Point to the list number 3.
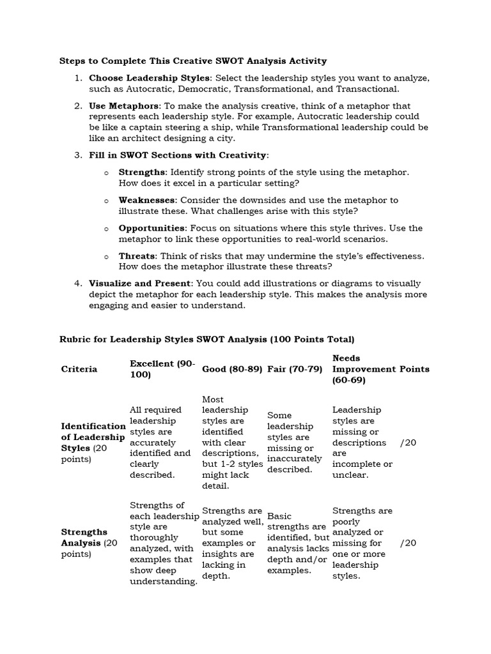click(x=77, y=155)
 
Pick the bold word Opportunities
click(x=152, y=228)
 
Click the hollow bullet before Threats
click(x=105, y=256)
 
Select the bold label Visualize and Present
click(x=140, y=284)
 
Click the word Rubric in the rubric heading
click(x=75, y=338)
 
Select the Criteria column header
click(x=79, y=369)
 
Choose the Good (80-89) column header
click(x=232, y=369)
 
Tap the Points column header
click(x=415, y=369)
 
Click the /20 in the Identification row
click(x=408, y=443)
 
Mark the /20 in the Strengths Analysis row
click(x=408, y=543)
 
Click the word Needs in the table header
click(x=346, y=358)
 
